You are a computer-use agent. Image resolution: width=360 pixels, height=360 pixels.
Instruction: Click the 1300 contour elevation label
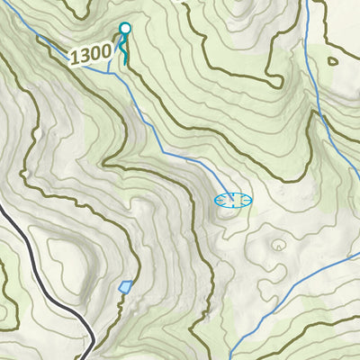coord(90,55)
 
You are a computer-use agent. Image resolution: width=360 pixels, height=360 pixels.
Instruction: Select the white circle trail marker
coord(125,29)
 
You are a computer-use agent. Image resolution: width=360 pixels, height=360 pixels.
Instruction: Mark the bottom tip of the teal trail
coord(125,61)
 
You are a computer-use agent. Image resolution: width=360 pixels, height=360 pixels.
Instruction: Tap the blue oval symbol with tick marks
coord(232,200)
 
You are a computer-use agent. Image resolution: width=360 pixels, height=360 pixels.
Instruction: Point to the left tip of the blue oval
coord(214,200)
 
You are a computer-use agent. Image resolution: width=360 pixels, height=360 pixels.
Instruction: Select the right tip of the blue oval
coord(252,200)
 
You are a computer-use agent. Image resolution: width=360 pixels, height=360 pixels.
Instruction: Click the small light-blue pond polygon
coord(125,287)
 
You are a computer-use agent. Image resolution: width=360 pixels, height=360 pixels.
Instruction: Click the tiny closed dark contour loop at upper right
coord(333,62)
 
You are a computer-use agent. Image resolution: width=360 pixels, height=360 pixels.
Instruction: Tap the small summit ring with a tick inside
coord(278,243)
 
